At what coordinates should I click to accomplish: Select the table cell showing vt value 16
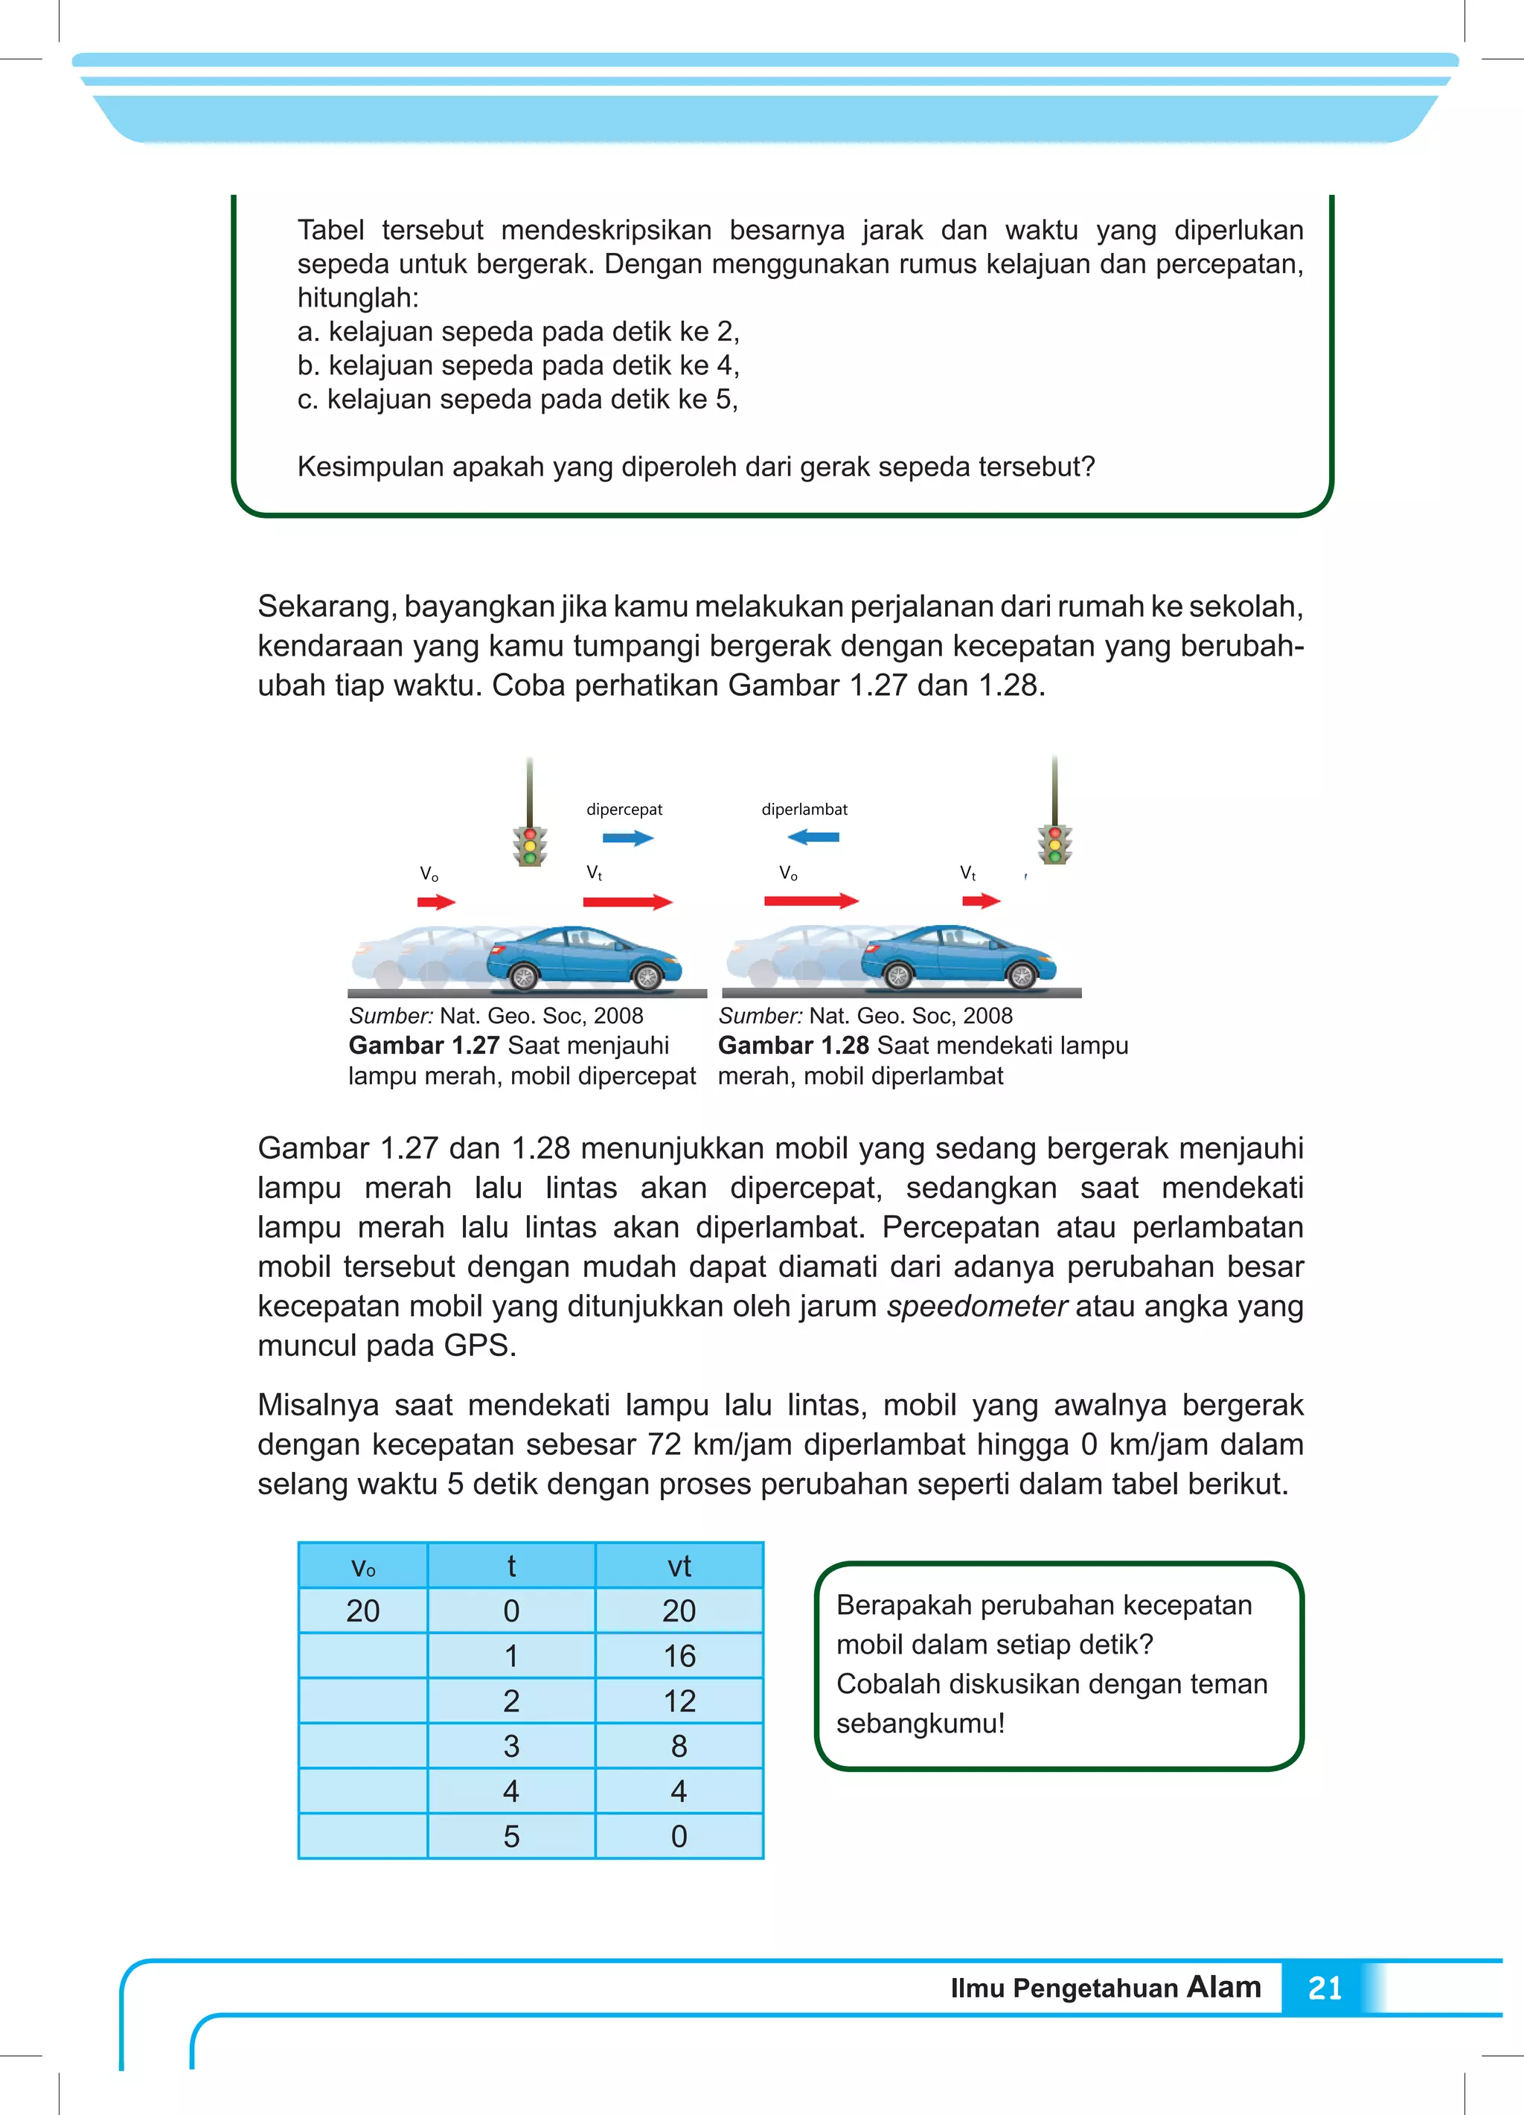click(x=679, y=1655)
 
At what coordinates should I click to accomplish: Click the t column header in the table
click(x=511, y=1566)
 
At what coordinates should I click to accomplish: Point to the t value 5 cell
click(x=511, y=1835)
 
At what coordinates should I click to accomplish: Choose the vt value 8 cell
click(x=679, y=1745)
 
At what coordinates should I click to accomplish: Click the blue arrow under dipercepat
click(x=628, y=837)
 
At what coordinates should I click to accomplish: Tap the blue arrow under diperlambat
click(x=813, y=836)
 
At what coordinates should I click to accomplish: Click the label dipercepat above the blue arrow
click(x=624, y=810)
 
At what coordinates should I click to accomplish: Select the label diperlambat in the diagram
click(x=804, y=810)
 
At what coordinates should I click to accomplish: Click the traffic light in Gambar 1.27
click(x=530, y=845)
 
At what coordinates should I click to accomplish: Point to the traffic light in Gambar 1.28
click(x=1055, y=843)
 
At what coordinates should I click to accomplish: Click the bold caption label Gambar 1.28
click(x=793, y=1046)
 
